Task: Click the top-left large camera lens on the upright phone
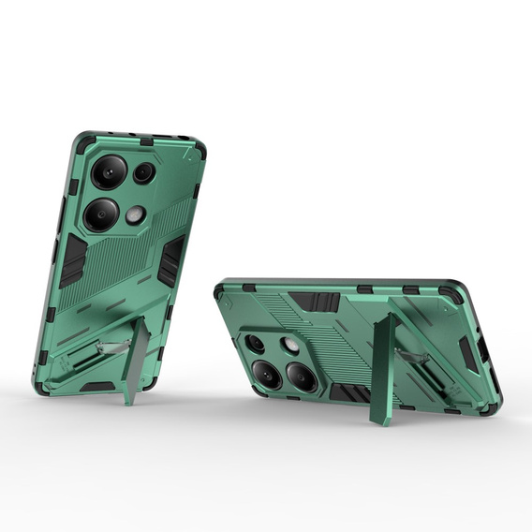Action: point(108,172)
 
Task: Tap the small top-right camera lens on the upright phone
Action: point(143,172)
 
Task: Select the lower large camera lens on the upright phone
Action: point(100,214)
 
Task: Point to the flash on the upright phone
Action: point(136,214)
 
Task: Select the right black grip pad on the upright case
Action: point(170,260)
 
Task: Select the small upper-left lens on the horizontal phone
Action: point(255,344)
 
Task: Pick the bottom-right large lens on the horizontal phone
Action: point(302,377)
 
